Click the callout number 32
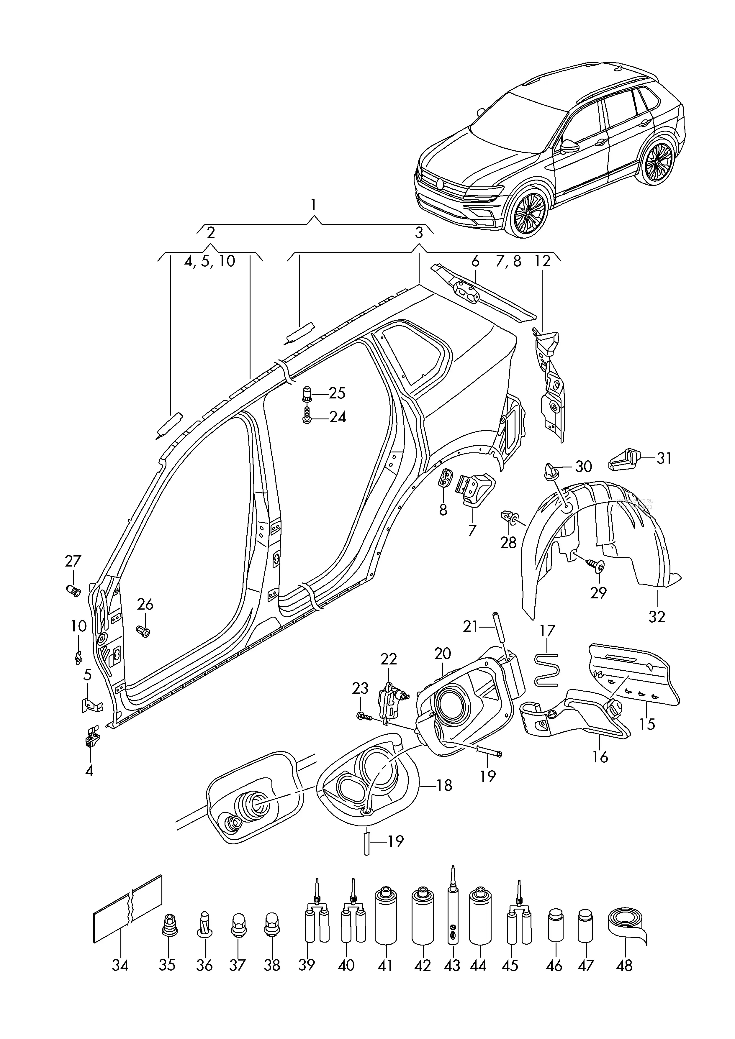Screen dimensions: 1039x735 pos(657,616)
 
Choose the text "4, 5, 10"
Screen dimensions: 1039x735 pos(210,261)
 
